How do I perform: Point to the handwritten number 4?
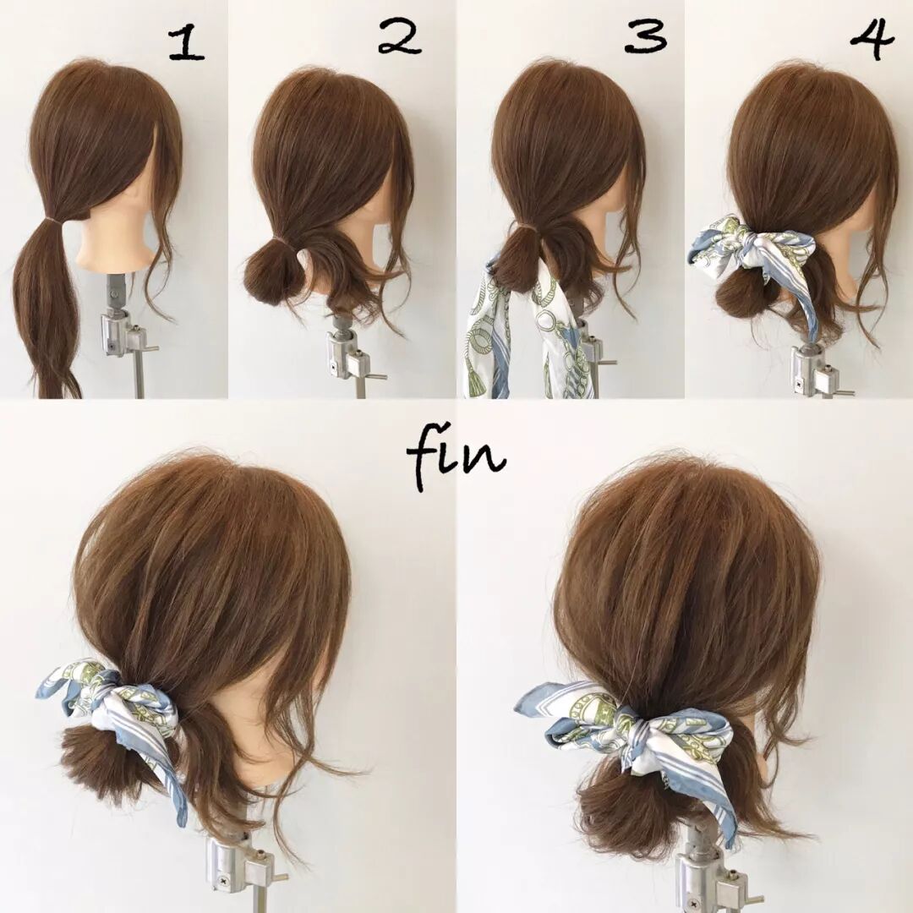pos(872,36)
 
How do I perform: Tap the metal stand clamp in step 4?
pos(815,368)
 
